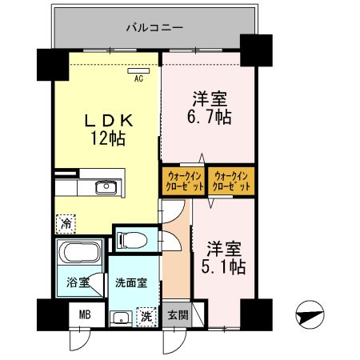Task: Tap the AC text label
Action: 138,78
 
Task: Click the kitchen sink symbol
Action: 104,188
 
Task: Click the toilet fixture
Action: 130,239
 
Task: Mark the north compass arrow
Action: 314,315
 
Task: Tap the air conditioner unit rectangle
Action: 137,70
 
